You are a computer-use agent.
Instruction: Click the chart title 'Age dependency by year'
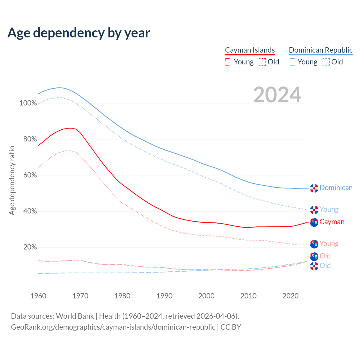(x=79, y=33)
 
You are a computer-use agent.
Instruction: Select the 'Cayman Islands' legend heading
(x=250, y=50)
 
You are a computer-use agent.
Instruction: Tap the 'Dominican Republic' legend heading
(x=321, y=50)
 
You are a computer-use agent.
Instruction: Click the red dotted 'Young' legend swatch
(x=229, y=62)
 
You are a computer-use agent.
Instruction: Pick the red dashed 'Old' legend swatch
(x=262, y=62)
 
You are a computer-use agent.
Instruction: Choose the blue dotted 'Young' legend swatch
(x=292, y=62)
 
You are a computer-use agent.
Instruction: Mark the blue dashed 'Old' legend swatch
(x=326, y=62)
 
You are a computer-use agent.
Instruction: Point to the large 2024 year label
(x=277, y=95)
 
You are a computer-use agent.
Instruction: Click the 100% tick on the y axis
(x=28, y=103)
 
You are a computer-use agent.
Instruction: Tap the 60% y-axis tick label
(x=30, y=175)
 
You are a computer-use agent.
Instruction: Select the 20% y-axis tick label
(x=30, y=247)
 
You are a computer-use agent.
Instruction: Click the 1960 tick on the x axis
(x=38, y=296)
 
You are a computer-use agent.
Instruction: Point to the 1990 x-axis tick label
(x=165, y=296)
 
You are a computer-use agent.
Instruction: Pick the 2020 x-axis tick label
(x=291, y=296)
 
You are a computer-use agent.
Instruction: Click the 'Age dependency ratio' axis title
(x=12, y=180)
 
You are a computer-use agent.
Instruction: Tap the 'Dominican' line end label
(x=336, y=188)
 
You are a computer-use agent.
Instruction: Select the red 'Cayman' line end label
(x=332, y=222)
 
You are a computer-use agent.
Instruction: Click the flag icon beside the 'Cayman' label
(x=314, y=222)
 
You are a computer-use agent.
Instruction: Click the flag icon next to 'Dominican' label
(x=314, y=188)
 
